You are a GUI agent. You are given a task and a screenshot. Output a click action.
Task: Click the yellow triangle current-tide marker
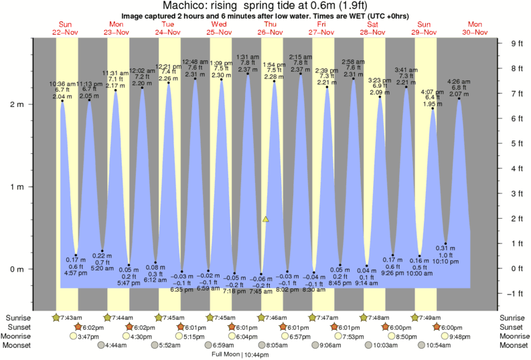[x=266, y=219]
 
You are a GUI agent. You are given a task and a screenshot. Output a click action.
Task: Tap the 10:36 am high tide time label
[x=62, y=84]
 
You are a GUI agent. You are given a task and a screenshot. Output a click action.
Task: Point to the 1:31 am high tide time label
[x=248, y=57]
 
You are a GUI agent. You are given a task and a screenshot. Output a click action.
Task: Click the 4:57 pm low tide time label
[x=76, y=273]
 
